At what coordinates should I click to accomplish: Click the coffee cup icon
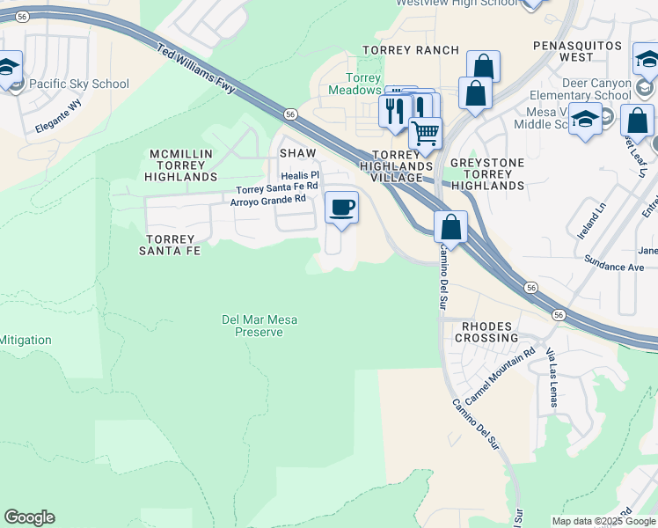coord(341,208)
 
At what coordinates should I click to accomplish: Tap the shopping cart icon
coord(425,133)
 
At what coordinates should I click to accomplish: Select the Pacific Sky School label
coord(78,84)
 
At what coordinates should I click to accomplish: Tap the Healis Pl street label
coord(300,175)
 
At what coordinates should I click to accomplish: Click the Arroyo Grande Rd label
coord(267,199)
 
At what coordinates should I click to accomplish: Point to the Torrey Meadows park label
coord(355,84)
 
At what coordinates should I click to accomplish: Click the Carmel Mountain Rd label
coord(500,376)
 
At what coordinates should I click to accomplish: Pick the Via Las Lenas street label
coord(552,378)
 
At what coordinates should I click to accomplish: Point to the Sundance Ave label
coord(614,267)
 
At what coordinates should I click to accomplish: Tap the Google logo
coord(29,517)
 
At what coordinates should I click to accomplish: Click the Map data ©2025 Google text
coord(603,521)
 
